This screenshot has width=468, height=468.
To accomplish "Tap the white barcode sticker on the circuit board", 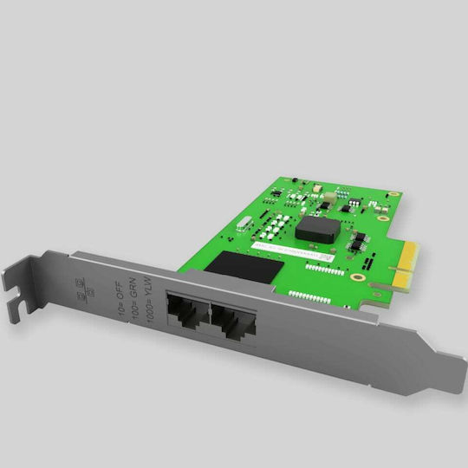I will click(x=290, y=252).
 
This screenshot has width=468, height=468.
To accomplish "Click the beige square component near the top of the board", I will click(x=317, y=187).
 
